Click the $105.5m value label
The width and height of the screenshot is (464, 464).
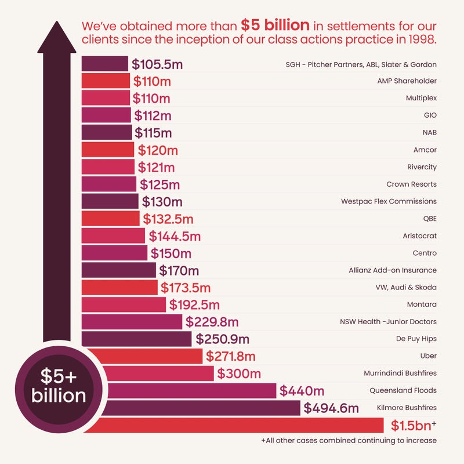pyautogui.click(x=154, y=64)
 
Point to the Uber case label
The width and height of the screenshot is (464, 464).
pyautogui.click(x=428, y=356)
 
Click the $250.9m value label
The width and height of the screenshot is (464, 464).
pyautogui.click(x=223, y=339)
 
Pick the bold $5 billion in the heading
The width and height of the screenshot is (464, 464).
pyautogui.click(x=275, y=26)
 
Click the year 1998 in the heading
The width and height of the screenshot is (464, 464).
pyautogui.click(x=420, y=42)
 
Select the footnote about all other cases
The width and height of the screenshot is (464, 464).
pyautogui.click(x=349, y=441)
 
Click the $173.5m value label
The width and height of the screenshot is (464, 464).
pyautogui.click(x=186, y=287)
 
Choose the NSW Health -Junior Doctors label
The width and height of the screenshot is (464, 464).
pyautogui.click(x=388, y=321)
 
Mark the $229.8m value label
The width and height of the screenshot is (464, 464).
pyautogui.click(x=212, y=321)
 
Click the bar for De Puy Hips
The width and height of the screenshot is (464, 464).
pyautogui.click(x=136, y=339)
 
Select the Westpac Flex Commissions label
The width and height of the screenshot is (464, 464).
pyautogui.click(x=389, y=202)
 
